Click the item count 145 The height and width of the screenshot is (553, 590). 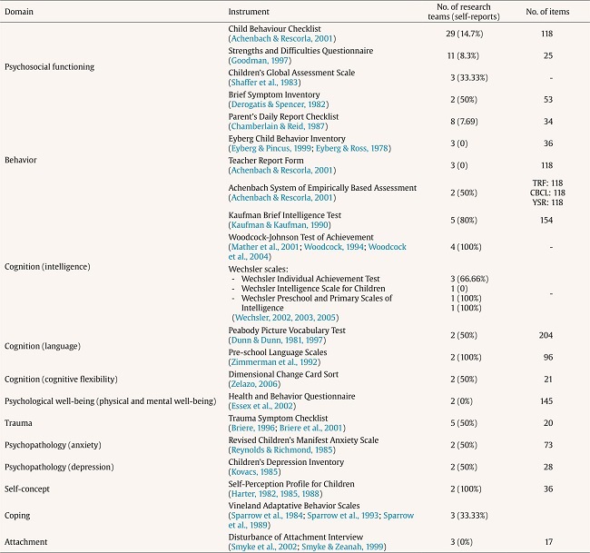[543, 400]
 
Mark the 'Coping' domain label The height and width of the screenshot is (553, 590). [18, 515]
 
